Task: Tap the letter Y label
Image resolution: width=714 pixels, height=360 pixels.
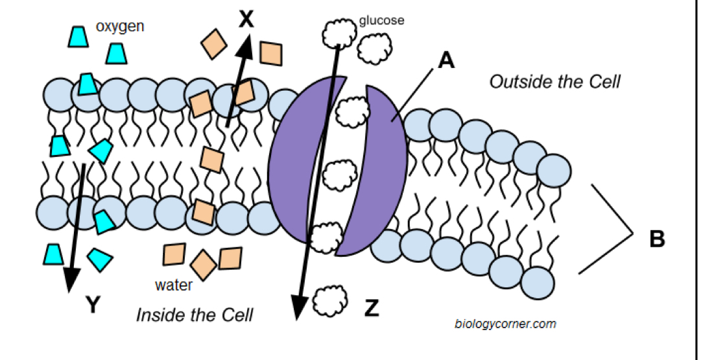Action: (x=93, y=304)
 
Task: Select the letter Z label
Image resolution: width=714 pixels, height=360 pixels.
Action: (x=371, y=309)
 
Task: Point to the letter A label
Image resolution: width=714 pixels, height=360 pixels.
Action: (x=446, y=60)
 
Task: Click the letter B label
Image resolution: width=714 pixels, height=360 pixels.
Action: (x=657, y=239)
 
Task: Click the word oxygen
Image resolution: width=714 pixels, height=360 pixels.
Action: (x=120, y=27)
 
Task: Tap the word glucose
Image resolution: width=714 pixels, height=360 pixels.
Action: (x=381, y=20)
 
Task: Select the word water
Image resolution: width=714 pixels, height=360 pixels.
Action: (x=173, y=285)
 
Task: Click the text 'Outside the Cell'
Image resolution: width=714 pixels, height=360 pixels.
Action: (x=554, y=82)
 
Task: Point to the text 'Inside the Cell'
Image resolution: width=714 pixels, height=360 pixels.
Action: (x=194, y=315)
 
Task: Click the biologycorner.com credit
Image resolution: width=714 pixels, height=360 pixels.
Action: (x=505, y=324)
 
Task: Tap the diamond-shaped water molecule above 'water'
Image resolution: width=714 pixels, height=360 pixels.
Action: (x=203, y=265)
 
